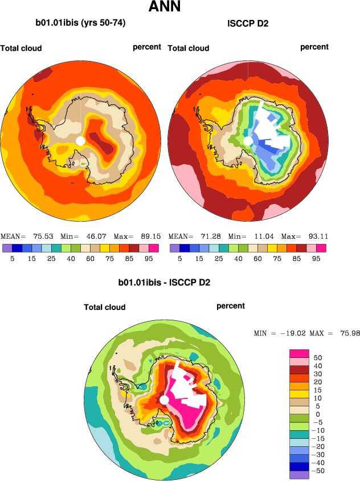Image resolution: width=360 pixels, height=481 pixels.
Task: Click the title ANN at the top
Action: click(x=165, y=7)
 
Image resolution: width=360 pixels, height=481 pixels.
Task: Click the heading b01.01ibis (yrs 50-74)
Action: click(x=80, y=23)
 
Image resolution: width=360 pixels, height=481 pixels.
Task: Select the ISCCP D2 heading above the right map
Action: click(x=248, y=23)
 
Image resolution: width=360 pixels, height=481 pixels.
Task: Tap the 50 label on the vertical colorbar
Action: click(x=318, y=357)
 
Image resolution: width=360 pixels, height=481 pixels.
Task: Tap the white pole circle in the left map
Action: click(x=80, y=141)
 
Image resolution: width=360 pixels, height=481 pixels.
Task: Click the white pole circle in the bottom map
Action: click(x=164, y=401)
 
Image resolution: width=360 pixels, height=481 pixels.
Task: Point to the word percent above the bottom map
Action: click(x=231, y=306)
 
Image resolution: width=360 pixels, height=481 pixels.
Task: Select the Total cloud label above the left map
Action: click(x=21, y=48)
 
